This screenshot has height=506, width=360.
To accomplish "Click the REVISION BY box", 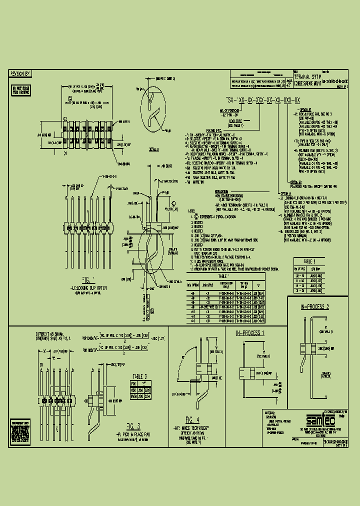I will [x=20, y=73].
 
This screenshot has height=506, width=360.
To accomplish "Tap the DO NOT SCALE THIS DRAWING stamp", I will [x=20, y=90].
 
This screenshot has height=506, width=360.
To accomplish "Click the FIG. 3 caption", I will [x=133, y=426].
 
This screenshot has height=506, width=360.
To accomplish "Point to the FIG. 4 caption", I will [x=192, y=419].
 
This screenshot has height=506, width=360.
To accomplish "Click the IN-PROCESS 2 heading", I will [x=314, y=306].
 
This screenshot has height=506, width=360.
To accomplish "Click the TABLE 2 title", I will [x=310, y=261].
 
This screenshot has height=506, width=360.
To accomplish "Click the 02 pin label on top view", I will [x=64, y=118].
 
